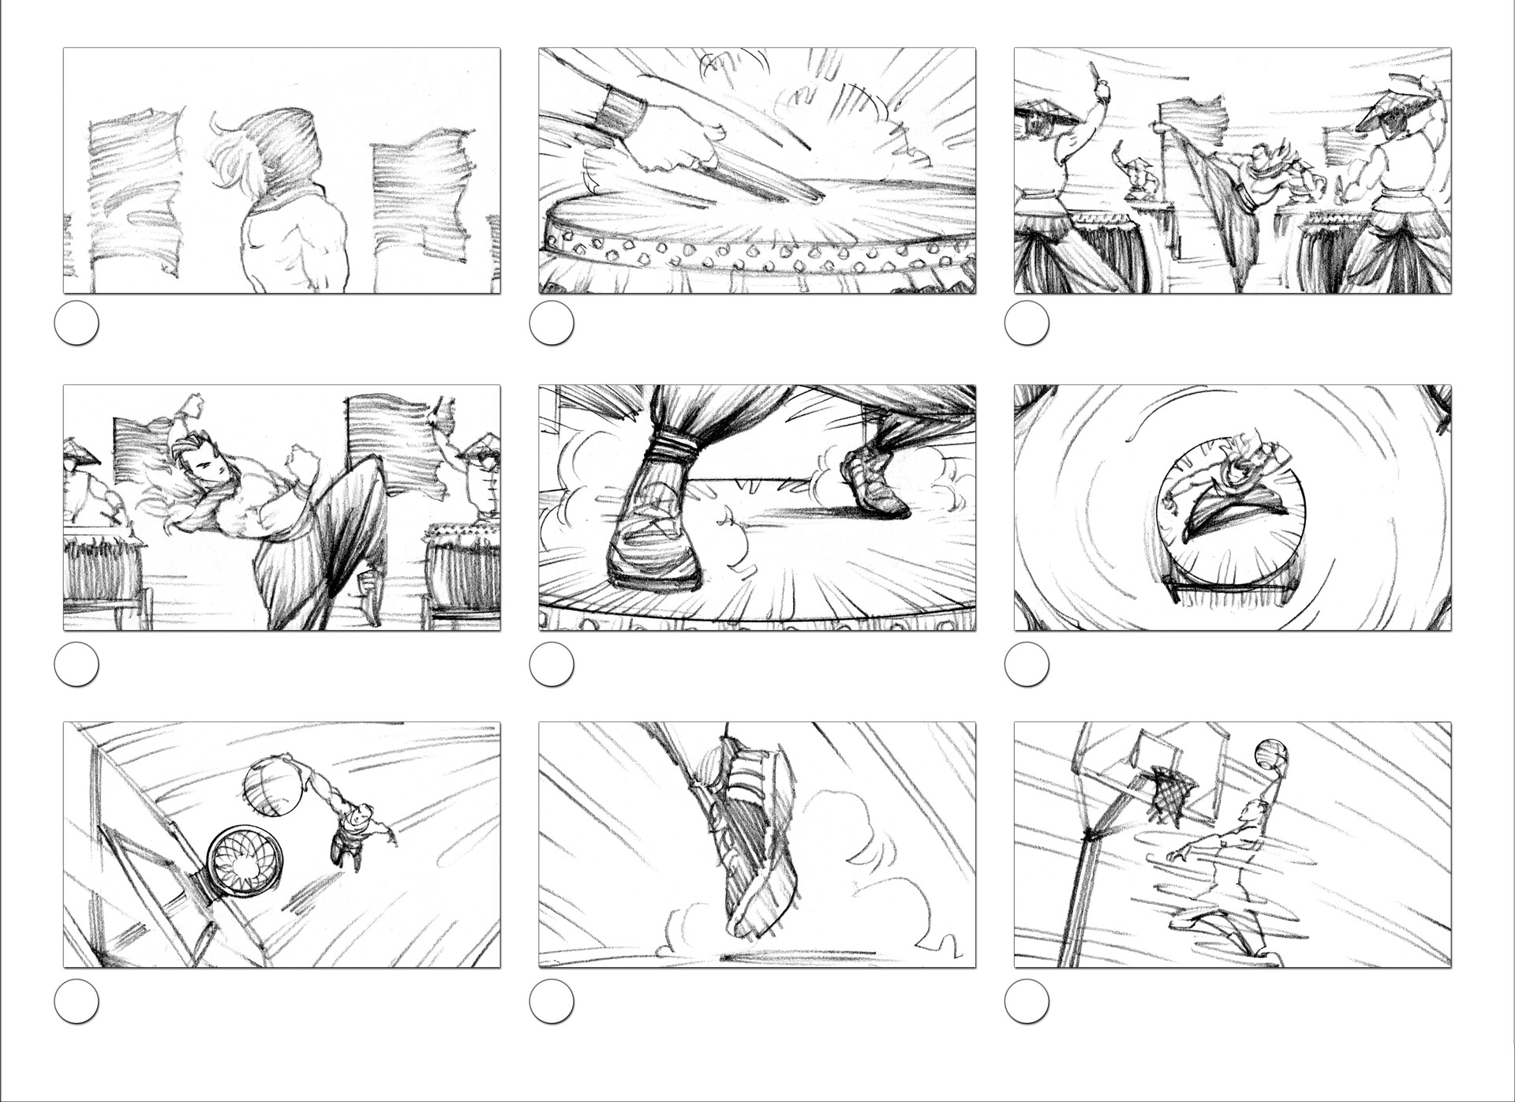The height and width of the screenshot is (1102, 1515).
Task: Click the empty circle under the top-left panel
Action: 77,323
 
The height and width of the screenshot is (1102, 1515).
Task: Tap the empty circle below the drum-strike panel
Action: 552,323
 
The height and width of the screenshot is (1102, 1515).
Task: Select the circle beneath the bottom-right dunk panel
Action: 1027,1001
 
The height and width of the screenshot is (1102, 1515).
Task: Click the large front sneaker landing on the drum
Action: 655,537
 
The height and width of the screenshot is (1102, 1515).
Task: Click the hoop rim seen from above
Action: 245,861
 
